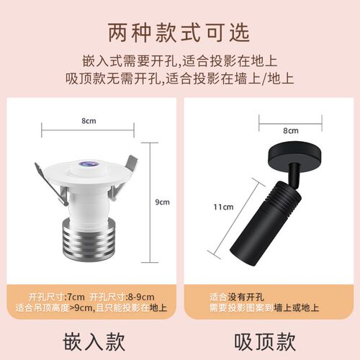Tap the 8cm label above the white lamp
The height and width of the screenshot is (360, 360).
(89, 121)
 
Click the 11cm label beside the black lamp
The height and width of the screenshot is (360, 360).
(223, 207)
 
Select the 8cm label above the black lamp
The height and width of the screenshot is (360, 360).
(291, 131)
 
